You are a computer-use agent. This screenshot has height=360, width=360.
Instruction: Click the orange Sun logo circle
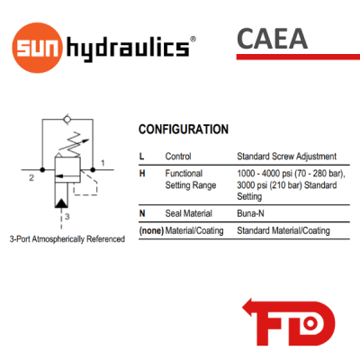[37, 48]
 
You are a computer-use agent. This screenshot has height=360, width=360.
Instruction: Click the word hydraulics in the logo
[128, 49]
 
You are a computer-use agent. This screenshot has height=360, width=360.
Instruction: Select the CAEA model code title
[272, 39]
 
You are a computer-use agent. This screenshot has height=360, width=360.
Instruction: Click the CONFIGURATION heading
[184, 130]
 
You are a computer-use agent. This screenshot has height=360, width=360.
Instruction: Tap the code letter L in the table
[141, 157]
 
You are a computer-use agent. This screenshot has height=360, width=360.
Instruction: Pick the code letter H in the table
[142, 174]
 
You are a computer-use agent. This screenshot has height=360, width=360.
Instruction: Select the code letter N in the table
[142, 213]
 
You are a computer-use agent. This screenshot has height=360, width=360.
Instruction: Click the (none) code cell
[151, 230]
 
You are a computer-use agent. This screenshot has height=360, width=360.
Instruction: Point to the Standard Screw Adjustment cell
[287, 157]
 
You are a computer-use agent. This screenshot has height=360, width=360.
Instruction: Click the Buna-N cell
[250, 213]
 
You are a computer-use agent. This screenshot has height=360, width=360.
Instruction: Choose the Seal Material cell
[189, 213]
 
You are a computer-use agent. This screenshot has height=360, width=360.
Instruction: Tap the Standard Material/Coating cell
[283, 230]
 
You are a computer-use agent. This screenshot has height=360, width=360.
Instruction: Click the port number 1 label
[103, 163]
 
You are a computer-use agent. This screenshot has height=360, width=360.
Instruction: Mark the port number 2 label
[31, 178]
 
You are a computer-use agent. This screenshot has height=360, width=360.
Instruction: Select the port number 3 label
[67, 216]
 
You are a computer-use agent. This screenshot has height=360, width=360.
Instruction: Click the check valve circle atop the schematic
[67, 120]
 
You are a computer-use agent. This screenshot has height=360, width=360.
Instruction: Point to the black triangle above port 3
[61, 202]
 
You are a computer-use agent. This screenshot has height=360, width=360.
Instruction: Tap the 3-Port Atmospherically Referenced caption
[67, 239]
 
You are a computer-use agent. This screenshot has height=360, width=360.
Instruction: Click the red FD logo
[289, 322]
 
